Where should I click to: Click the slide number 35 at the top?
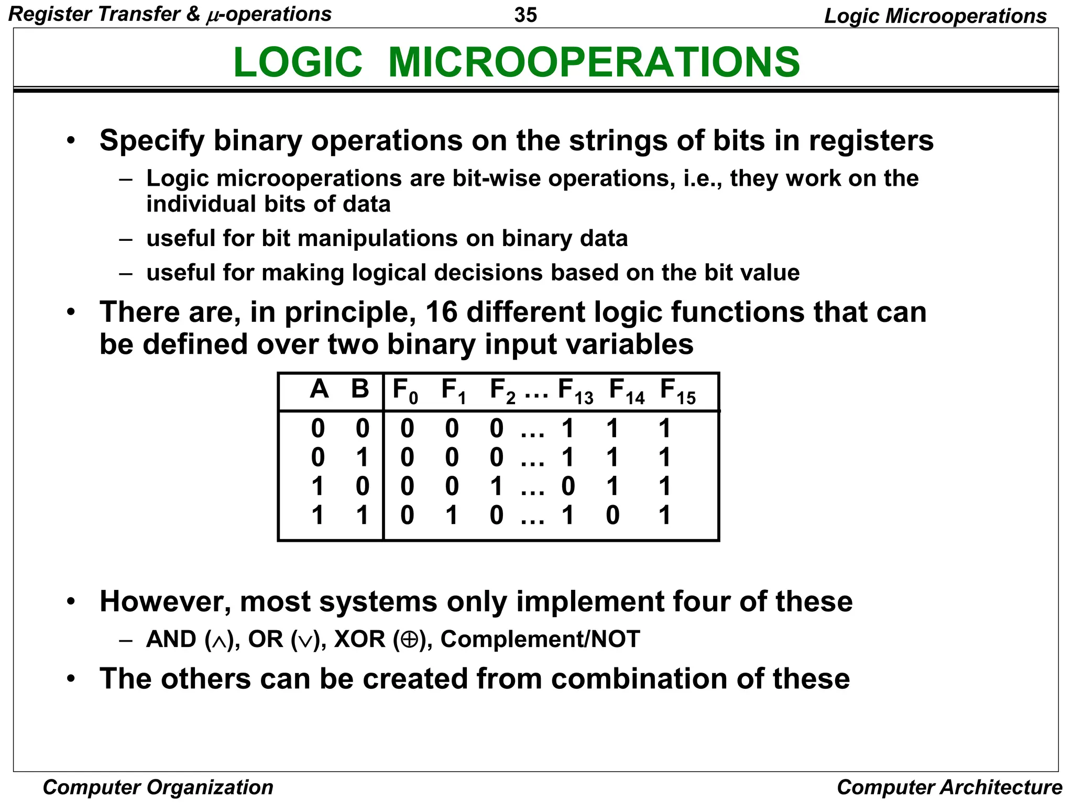[x=525, y=15]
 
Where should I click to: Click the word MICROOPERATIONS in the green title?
[x=594, y=62]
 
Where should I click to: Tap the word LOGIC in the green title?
[x=298, y=62]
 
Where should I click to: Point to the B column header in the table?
[x=360, y=389]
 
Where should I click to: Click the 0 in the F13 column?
[x=568, y=486]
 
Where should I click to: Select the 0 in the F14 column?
[x=612, y=516]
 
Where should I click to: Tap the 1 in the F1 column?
[x=452, y=516]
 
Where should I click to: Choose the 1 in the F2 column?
[x=496, y=486]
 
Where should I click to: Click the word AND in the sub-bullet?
[x=171, y=640]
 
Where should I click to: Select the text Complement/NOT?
[x=540, y=640]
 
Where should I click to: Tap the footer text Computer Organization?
[x=158, y=787]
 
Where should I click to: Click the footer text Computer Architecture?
[x=949, y=787]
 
